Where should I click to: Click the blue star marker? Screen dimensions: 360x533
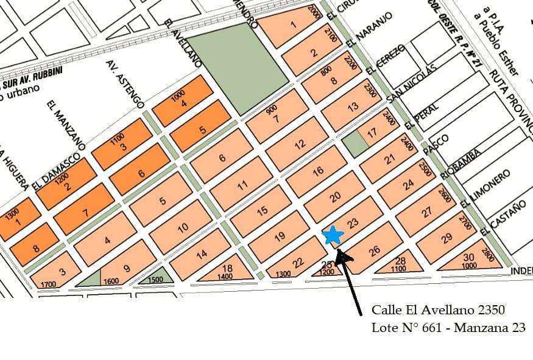pyautogui.click(x=333, y=235)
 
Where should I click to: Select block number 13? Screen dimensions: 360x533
pyautogui.click(x=352, y=107)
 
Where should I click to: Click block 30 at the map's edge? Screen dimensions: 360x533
pyautogui.click(x=468, y=258)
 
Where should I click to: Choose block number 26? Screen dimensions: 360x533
pyautogui.click(x=374, y=250)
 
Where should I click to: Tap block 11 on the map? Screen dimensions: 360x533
pyautogui.click(x=242, y=185)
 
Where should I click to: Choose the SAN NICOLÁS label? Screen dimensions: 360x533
pyautogui.click(x=412, y=82)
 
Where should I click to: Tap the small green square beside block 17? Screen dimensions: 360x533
pyautogui.click(x=351, y=144)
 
